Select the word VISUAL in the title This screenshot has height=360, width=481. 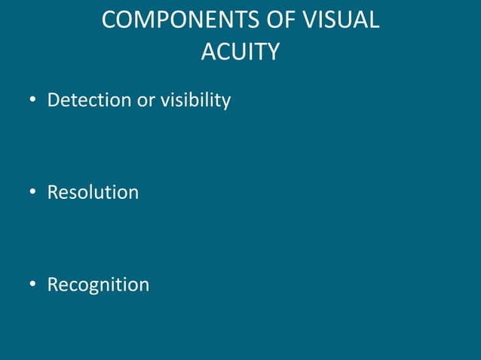(339, 20)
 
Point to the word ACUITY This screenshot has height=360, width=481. (240, 51)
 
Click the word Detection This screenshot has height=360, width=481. (90, 99)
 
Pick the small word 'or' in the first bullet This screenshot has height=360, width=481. (146, 99)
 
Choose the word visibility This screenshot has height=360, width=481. (195, 100)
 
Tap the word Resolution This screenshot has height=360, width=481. (93, 192)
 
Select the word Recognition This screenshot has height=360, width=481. (98, 285)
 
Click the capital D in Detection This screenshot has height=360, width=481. (54, 99)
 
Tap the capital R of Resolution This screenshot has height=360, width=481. (53, 192)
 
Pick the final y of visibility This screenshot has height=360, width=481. (225, 102)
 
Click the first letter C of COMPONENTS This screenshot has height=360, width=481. (109, 20)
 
